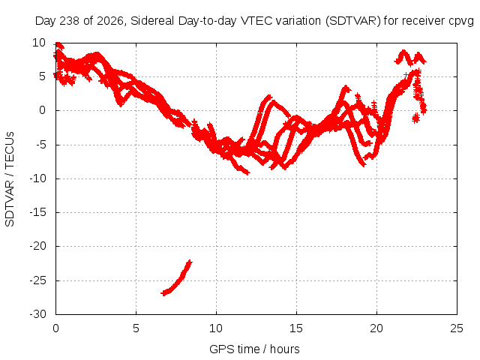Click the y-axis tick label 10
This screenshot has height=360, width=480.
[x=39, y=43]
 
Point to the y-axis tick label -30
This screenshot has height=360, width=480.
[x=38, y=314]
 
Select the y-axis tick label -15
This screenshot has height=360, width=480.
[x=38, y=212]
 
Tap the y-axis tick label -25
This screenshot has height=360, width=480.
[x=38, y=280]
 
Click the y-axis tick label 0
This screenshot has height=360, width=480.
[x=42, y=110]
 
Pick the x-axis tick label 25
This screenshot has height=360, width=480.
[x=457, y=328]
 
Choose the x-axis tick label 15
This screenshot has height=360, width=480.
[x=296, y=328]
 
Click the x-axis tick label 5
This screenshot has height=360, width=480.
[x=136, y=328]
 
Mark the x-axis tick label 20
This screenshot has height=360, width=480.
[x=376, y=328]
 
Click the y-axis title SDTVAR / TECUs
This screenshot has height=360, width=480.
[x=10, y=179]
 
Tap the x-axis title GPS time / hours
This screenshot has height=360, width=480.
[x=254, y=349]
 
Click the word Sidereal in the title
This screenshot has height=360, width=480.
[x=152, y=21]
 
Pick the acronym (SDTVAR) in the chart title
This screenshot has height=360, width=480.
[x=353, y=21]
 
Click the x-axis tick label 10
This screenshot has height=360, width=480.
[x=216, y=328]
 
